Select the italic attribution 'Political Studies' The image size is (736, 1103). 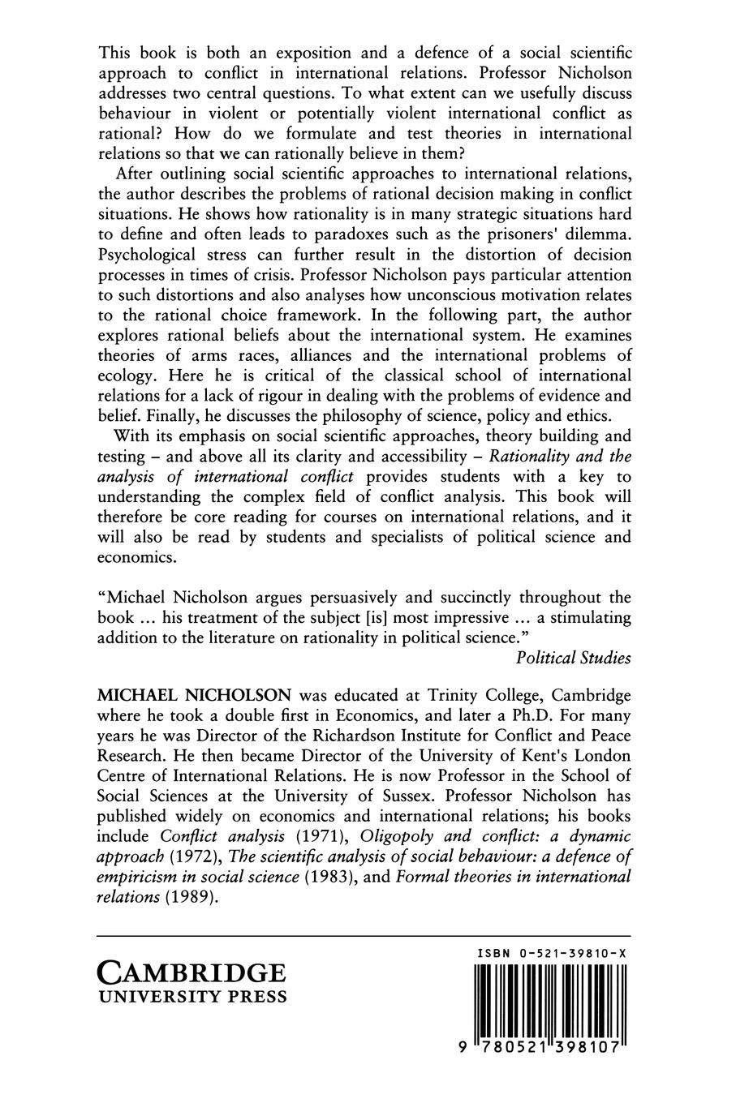573,658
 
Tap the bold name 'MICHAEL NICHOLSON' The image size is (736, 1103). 194,697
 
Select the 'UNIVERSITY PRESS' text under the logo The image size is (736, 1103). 192,997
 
